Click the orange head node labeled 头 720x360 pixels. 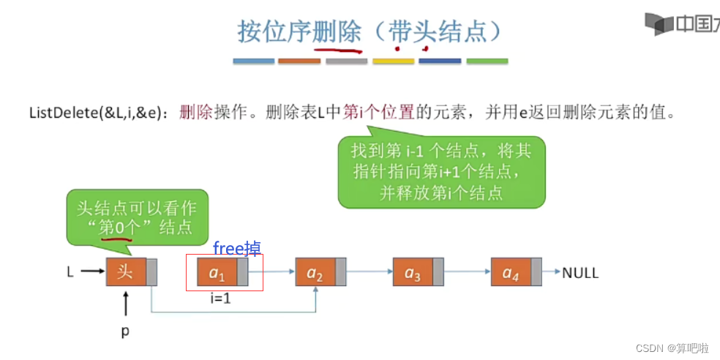click(x=126, y=272)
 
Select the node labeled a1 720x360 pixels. click(x=217, y=273)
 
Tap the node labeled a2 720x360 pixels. click(x=315, y=273)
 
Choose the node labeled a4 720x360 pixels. click(x=511, y=273)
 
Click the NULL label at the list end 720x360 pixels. click(x=580, y=273)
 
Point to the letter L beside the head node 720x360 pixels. click(x=70, y=272)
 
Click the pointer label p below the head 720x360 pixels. click(x=125, y=331)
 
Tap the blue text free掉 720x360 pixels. click(x=236, y=248)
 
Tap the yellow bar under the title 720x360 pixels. click(x=393, y=61)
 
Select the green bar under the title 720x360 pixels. click(x=487, y=61)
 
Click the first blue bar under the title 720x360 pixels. click(x=254, y=61)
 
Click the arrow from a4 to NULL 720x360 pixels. click(x=551, y=272)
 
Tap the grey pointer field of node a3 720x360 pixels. click(x=438, y=273)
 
